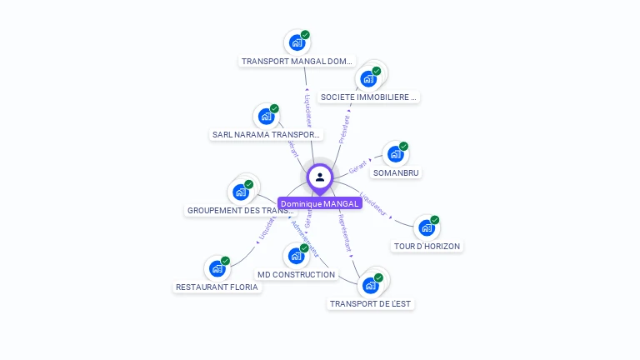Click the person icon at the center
pyautogui.click(x=320, y=177)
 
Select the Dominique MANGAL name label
pyautogui.click(x=320, y=203)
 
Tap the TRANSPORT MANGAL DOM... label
pyautogui.click(x=297, y=62)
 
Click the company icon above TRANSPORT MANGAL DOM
pyautogui.click(x=296, y=42)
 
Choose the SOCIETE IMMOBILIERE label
pyautogui.click(x=368, y=97)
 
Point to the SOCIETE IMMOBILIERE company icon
pyautogui.click(x=367, y=79)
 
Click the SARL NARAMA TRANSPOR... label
pyautogui.click(x=266, y=134)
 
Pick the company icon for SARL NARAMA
pyautogui.click(x=266, y=116)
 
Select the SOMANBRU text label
pyautogui.click(x=396, y=172)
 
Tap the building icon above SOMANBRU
pyautogui.click(x=395, y=154)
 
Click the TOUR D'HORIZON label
pyautogui.click(x=427, y=246)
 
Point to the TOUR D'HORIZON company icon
pyautogui.click(x=426, y=227)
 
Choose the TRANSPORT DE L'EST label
pyautogui.click(x=371, y=304)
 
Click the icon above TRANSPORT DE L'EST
pyautogui.click(x=370, y=286)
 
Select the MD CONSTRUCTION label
pyautogui.click(x=296, y=274)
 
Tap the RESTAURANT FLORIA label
pyautogui.click(x=217, y=287)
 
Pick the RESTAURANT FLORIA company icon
pyautogui.click(x=217, y=268)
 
